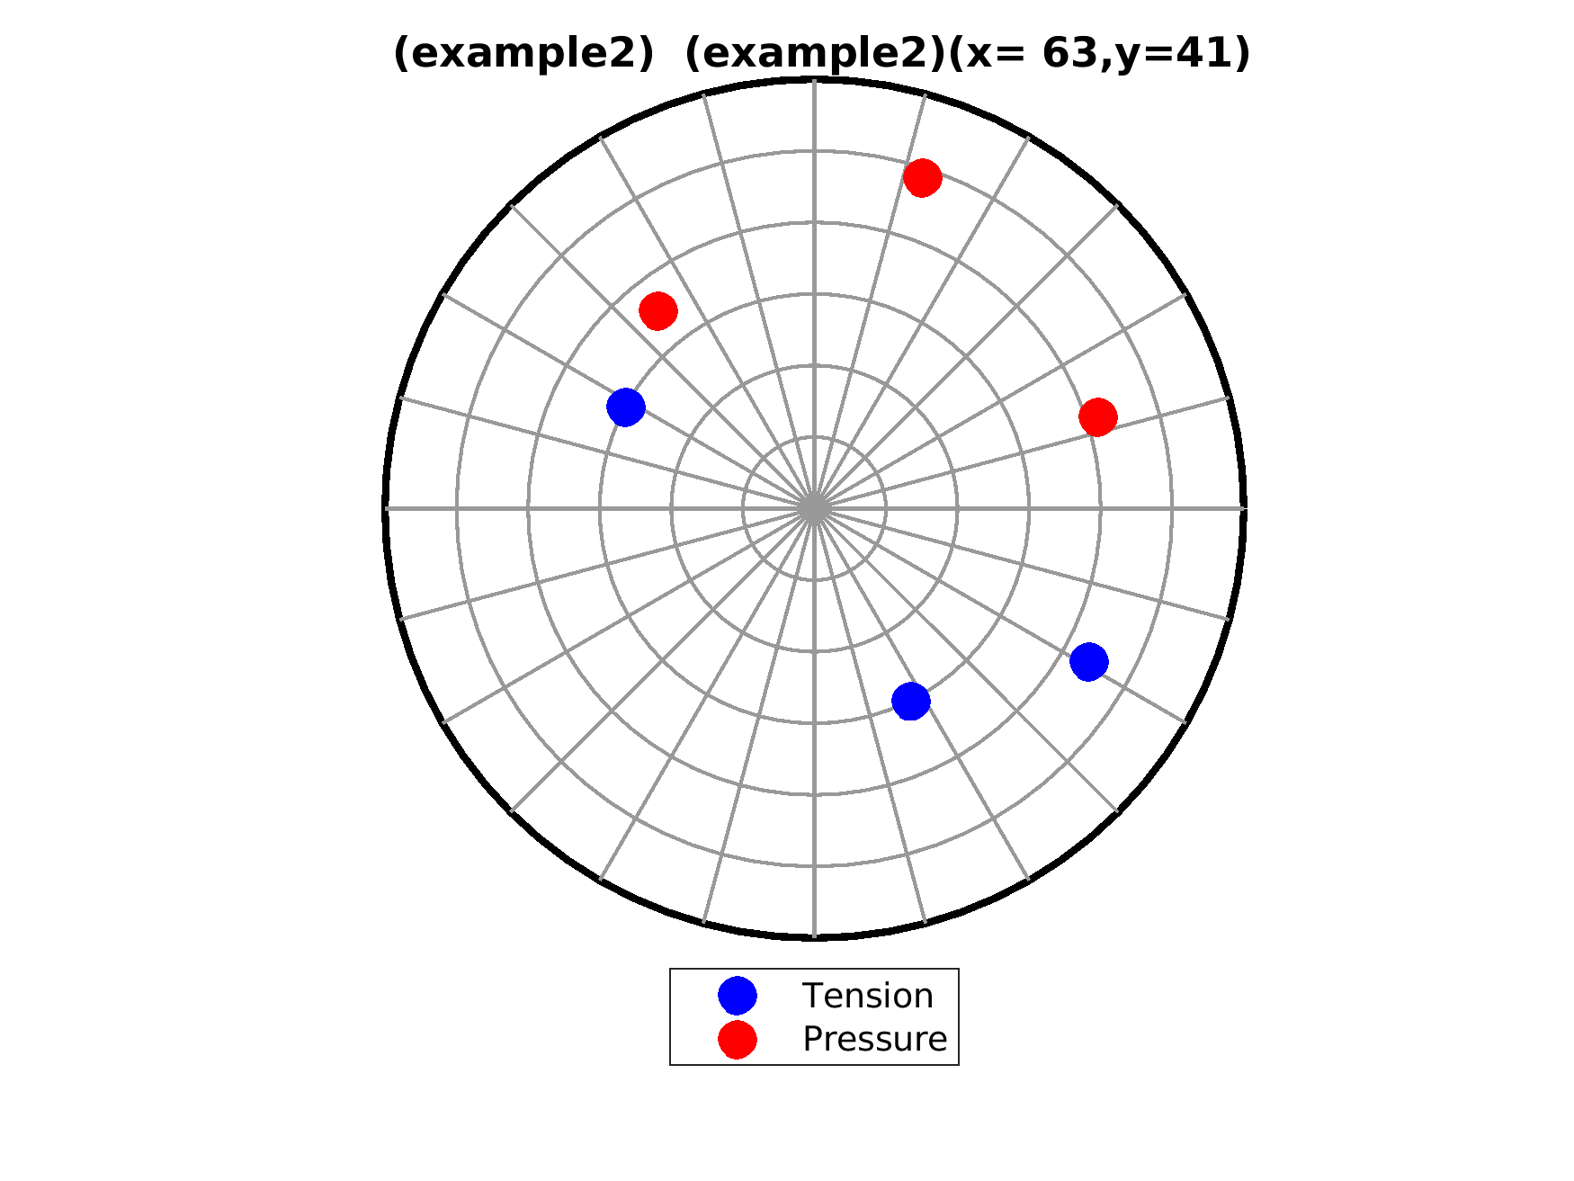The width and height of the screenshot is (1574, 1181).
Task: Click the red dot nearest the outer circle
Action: (923, 178)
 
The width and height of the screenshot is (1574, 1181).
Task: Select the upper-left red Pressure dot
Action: (658, 311)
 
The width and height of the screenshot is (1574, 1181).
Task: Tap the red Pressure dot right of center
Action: (1098, 416)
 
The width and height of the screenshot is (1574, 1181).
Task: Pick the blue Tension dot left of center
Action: (626, 407)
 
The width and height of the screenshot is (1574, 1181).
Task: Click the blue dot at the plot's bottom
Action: (911, 701)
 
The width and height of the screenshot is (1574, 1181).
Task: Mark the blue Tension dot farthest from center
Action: (1089, 662)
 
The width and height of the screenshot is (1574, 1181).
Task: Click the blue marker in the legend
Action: (738, 996)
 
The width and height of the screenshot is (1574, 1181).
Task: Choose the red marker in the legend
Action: (738, 1039)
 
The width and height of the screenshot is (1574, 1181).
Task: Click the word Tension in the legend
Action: (868, 996)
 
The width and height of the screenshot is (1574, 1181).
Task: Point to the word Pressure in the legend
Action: (875, 1039)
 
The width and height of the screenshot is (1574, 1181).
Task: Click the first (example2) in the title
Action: (523, 54)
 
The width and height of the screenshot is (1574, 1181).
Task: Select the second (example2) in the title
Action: (815, 54)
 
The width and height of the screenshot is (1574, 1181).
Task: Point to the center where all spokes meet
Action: (814, 508)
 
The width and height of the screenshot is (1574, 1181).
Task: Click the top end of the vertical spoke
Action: (814, 79)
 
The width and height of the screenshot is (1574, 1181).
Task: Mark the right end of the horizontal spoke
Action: (1244, 508)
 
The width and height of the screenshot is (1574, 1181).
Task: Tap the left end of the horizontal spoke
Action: (385, 508)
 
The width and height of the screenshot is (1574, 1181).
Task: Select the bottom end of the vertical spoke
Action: (814, 938)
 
